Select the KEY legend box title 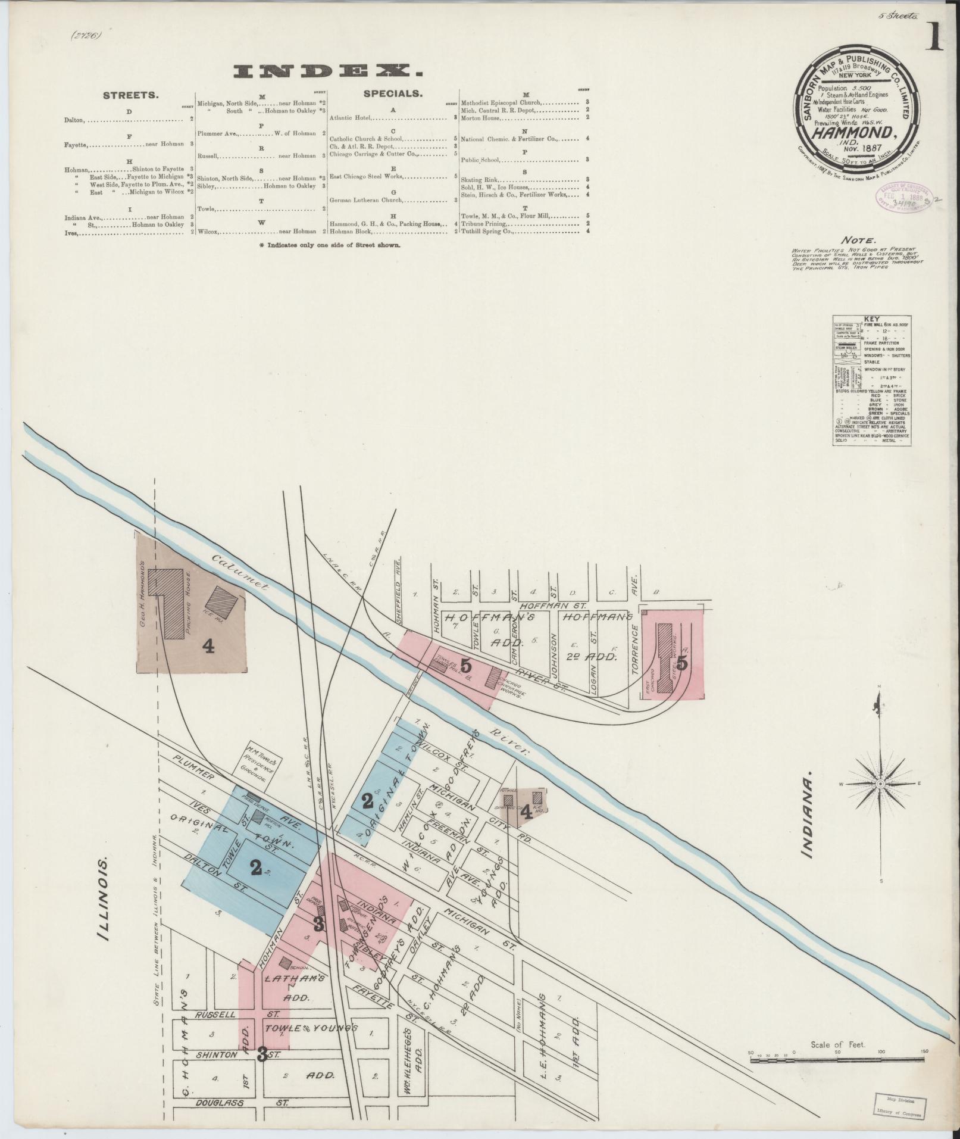point(874,319)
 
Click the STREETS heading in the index point(130,94)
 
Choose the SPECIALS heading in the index point(393,93)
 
